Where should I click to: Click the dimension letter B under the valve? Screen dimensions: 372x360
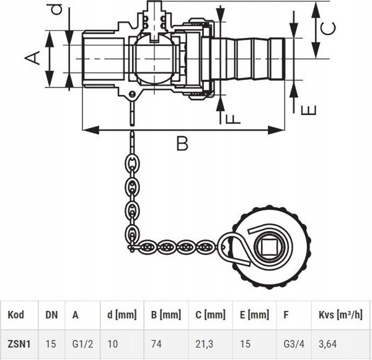[182, 143]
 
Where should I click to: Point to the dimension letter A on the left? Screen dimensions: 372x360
[32, 58]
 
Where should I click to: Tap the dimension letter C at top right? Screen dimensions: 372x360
[328, 29]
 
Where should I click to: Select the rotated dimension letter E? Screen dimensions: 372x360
[309, 110]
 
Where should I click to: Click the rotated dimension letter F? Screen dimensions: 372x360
[232, 119]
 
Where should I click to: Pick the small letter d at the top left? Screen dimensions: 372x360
[57, 9]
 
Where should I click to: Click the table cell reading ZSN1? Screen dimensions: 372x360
[19, 344]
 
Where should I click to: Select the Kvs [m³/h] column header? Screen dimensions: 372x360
[340, 315]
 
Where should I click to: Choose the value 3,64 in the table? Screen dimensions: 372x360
[327, 344]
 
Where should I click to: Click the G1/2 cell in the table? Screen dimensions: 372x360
[82, 344]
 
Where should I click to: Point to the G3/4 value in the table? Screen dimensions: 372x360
[294, 344]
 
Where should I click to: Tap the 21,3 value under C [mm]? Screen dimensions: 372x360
[204, 344]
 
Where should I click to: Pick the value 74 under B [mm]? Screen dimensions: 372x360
[156, 344]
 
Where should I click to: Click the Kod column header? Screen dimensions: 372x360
[16, 315]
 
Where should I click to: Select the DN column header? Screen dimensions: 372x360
[51, 315]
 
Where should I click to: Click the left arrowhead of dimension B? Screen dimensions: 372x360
[91, 130]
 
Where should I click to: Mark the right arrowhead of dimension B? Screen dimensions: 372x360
[276, 130]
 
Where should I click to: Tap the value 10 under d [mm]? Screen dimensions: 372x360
[113, 344]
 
